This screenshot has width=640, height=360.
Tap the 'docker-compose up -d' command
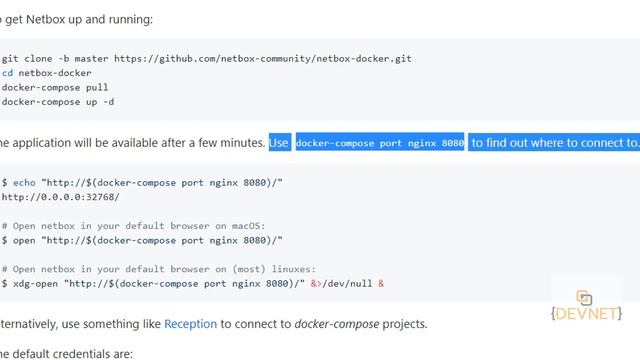[57, 101]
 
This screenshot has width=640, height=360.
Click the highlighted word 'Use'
[279, 143]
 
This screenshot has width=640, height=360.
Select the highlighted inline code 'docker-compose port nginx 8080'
[380, 143]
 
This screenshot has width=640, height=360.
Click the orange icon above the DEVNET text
[585, 297]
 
